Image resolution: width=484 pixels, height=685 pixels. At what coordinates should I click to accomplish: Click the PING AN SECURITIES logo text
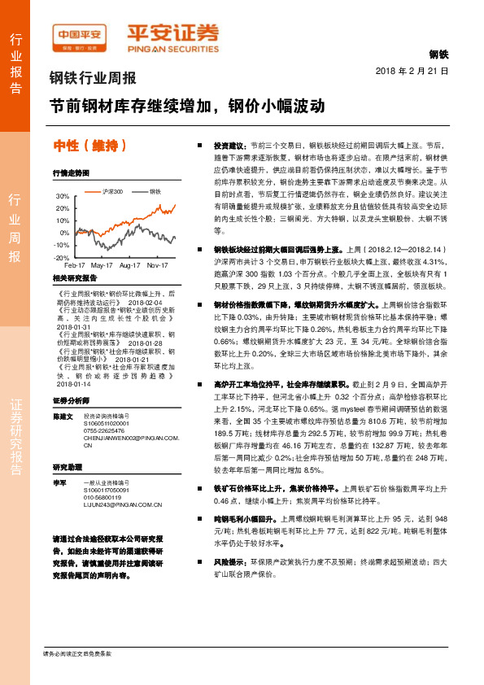tap(172, 47)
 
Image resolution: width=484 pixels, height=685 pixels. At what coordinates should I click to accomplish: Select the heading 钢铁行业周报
tap(93, 79)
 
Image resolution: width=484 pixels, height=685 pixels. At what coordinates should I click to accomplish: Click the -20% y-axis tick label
tap(61, 257)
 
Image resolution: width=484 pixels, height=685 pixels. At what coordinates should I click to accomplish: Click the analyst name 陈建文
tap(63, 416)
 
